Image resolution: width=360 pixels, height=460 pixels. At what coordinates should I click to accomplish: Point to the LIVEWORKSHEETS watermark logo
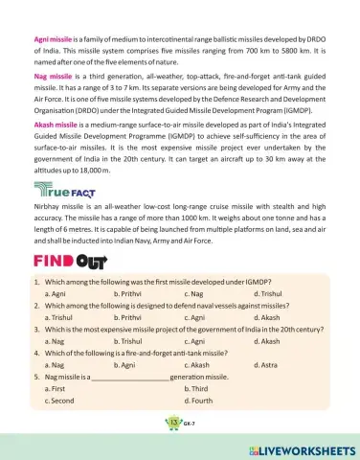click(302, 450)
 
